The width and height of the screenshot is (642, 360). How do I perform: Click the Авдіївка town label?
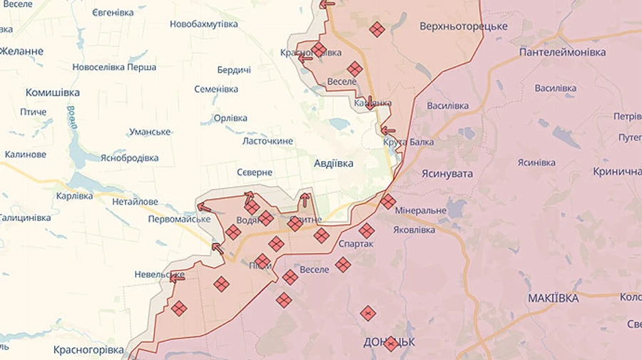[x=333, y=163]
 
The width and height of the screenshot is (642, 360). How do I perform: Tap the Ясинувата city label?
[x=447, y=173]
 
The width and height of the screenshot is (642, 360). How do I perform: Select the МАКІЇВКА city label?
[x=553, y=298]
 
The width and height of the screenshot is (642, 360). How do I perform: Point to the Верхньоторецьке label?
[x=464, y=26]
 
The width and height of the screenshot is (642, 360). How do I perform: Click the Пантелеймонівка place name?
[x=562, y=52]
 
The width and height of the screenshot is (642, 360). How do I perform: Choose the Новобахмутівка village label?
[x=203, y=24]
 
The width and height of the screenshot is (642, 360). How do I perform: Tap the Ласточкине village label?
[x=267, y=141]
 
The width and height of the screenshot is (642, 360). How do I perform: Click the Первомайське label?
[x=179, y=219]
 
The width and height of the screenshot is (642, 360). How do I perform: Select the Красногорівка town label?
[x=89, y=349]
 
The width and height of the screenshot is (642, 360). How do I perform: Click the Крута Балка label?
[x=408, y=142]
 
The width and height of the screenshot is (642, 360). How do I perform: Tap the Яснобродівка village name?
[x=129, y=158]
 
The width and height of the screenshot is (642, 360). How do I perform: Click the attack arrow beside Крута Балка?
[x=387, y=130]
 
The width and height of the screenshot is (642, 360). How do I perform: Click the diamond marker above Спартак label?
[x=366, y=230]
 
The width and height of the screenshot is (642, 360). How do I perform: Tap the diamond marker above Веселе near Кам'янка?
[x=355, y=68]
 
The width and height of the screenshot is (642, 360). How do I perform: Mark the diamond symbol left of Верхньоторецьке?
[x=377, y=29]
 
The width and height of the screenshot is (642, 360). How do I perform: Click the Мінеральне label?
[x=420, y=210]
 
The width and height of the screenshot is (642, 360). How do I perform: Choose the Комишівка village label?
[x=52, y=93]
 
